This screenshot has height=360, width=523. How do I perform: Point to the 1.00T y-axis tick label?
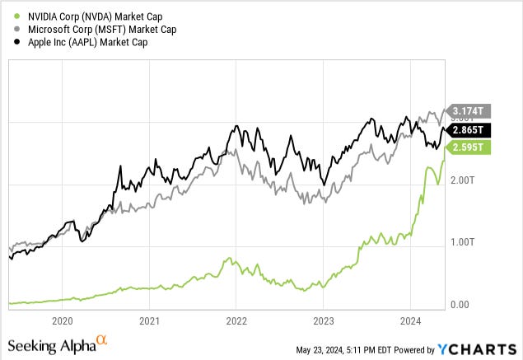[462, 242]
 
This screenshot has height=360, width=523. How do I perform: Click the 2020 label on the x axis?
[63, 321]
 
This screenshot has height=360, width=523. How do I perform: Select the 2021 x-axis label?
[149, 321]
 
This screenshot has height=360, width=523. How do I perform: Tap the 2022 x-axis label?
[236, 321]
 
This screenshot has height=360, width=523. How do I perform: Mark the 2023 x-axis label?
[324, 321]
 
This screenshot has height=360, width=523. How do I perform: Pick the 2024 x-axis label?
[410, 321]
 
